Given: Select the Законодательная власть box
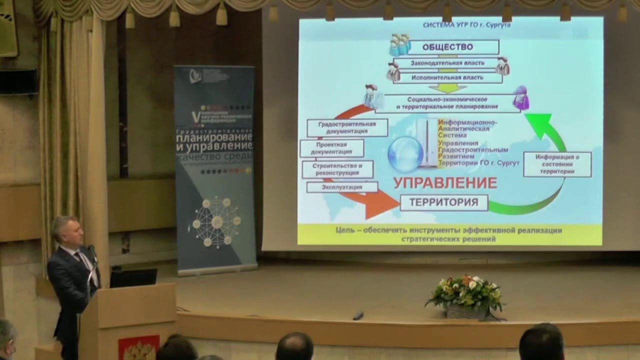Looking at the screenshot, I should pyautogui.click(x=447, y=63).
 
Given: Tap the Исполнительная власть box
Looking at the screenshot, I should pyautogui.click(x=447, y=78).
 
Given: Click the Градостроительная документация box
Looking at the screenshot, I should pyautogui.click(x=347, y=127).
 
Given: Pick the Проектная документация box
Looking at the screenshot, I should pyautogui.click(x=331, y=148).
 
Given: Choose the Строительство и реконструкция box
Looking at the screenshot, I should pyautogui.click(x=337, y=169).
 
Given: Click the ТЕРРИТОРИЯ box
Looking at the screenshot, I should pyautogui.click(x=444, y=202).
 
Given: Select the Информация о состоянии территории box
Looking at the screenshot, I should pyautogui.click(x=557, y=164).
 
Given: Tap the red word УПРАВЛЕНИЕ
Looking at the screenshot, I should pyautogui.click(x=445, y=183).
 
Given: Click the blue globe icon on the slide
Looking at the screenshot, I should pyautogui.click(x=405, y=154).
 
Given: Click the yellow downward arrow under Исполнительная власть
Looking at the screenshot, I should pyautogui.click(x=447, y=88).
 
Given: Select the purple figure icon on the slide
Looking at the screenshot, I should pyautogui.click(x=521, y=98).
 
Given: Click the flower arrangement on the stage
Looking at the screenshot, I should pyautogui.click(x=464, y=295).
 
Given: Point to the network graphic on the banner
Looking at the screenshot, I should pyautogui.click(x=216, y=221).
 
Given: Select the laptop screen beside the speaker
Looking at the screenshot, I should pyautogui.click(x=133, y=278).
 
